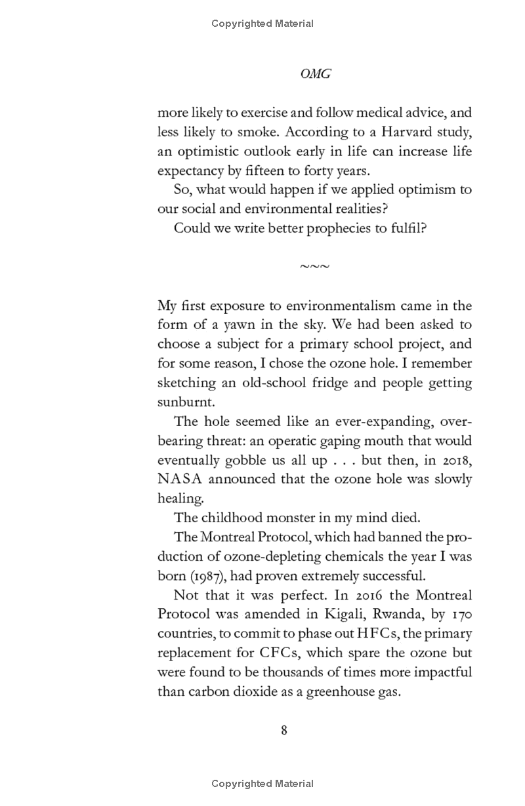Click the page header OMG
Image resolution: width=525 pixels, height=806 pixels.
315,74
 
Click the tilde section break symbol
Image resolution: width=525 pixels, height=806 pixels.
314,266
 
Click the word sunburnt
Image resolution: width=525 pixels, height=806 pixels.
181,401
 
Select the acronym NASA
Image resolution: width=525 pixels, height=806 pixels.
180,479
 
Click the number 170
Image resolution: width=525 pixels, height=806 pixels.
460,615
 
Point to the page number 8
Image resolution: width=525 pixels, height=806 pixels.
283,731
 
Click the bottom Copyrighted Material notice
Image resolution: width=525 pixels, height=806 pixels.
262,783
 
